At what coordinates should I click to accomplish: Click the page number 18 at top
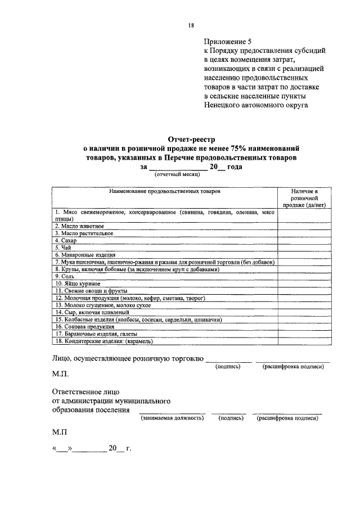pos(191,25)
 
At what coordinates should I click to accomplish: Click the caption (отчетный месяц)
pos(174,175)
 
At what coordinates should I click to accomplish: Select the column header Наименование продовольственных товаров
pos(165,192)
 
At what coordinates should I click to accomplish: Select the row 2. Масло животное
pos(79,226)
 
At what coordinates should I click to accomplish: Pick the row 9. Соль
pos(64,276)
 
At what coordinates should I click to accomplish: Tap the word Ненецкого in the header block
pos(226,105)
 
